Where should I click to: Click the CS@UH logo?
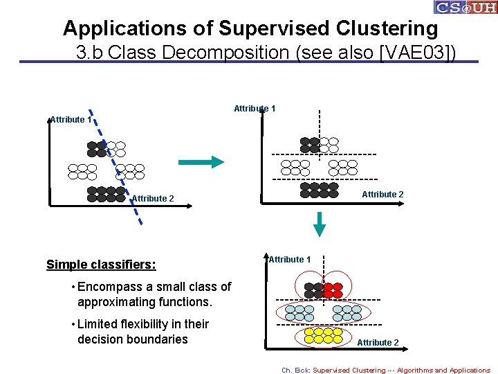465,8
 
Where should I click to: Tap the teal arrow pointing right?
201,161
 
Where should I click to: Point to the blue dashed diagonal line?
116,166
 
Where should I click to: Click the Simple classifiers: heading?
101,265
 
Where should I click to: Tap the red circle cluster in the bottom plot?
333,290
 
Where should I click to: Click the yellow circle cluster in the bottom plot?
323,335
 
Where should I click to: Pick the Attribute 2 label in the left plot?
153,199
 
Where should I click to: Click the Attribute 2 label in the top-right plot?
382,195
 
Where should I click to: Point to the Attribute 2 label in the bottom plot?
378,343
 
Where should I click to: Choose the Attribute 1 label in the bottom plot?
290,260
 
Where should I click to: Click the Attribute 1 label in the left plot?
70,120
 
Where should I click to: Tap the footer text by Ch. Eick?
386,370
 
